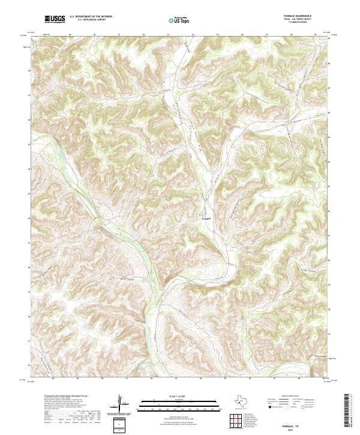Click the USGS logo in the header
point(55,19)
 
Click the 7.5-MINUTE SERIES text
point(299,25)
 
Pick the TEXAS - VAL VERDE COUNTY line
point(299,21)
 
